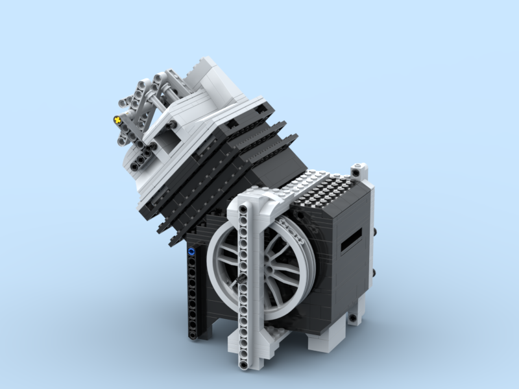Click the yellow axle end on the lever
coord(117,120)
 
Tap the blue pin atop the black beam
coord(191,250)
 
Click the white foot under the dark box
coord(324,340)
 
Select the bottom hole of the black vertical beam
coord(192,335)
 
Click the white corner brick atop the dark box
coord(359,172)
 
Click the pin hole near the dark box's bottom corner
coord(351,318)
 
